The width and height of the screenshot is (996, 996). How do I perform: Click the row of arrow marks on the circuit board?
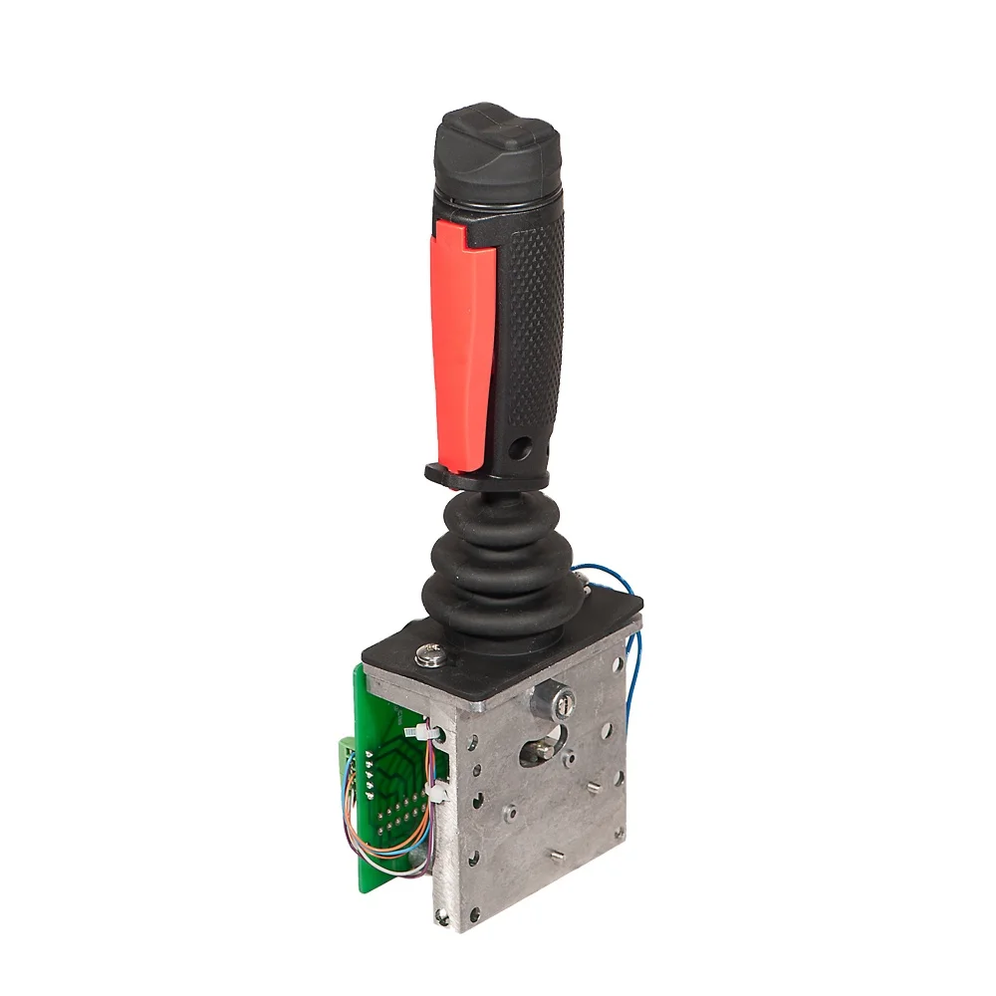(368, 773)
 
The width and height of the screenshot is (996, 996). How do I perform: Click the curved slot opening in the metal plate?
(543, 747)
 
